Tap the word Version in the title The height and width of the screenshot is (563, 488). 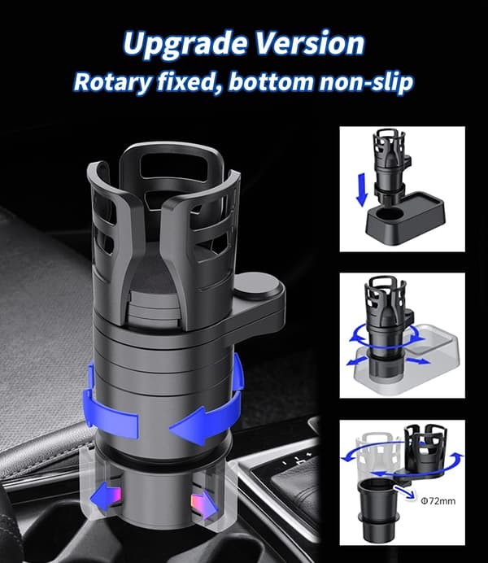pos(311,43)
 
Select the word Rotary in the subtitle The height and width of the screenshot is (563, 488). pos(113,83)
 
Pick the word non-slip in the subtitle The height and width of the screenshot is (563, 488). pos(366,82)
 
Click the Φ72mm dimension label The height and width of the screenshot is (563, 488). pos(438,501)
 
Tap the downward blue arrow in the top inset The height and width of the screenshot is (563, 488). pos(362,190)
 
